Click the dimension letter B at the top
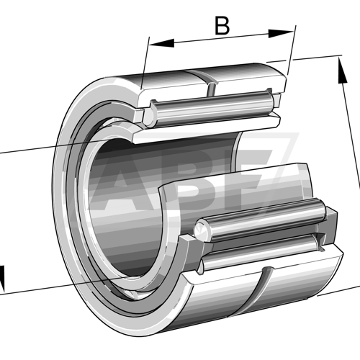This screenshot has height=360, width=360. (222, 25)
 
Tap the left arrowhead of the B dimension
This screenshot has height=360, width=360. (161, 43)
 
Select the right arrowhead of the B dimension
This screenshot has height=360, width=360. (281, 34)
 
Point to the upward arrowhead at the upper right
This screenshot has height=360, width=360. (342, 71)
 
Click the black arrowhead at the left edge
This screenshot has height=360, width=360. (1, 279)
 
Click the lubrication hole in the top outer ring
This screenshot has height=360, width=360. (211, 89)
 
